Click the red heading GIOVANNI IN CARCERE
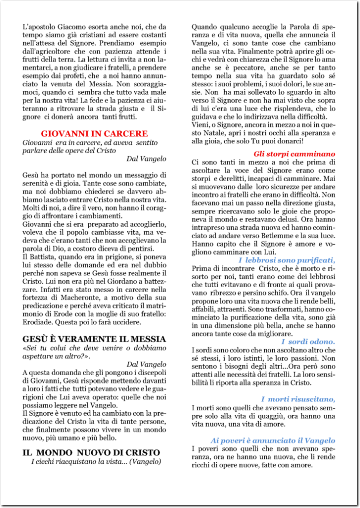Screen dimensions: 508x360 click(x=94, y=133)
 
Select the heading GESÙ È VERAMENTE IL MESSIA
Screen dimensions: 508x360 click(x=94, y=339)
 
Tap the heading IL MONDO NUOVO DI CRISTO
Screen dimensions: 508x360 click(x=91, y=452)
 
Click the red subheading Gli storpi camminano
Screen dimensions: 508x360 click(x=294, y=154)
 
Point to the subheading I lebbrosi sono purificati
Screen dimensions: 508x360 click(x=287, y=260)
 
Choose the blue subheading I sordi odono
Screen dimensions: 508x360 click(x=308, y=342)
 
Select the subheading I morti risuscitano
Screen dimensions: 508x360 click(x=298, y=399)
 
